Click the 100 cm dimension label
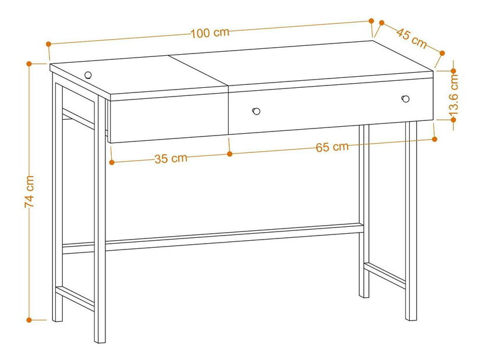210,33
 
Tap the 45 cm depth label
411,38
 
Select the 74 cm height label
30,191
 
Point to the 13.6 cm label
453,95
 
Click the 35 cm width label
171,159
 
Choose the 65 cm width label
332,147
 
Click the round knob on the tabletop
88,75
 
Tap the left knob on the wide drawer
256,111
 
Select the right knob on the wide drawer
405,99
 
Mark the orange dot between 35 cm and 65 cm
230,154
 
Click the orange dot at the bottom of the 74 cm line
29,320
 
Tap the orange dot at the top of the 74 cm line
29,64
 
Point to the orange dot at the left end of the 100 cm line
48,44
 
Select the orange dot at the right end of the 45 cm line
442,53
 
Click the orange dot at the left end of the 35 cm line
112,162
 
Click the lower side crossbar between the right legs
385,276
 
